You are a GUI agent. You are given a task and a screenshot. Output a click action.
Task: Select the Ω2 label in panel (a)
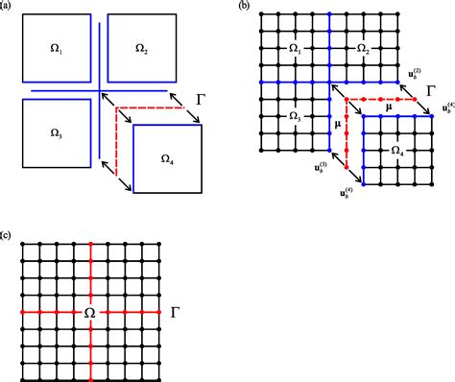(141, 48)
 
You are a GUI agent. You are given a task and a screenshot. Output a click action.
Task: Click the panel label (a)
(7, 6)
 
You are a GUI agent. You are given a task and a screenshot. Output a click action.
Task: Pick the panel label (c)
(7, 234)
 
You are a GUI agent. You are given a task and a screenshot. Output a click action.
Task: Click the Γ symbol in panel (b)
(432, 92)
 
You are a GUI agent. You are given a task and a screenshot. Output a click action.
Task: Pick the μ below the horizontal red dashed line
(387, 108)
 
